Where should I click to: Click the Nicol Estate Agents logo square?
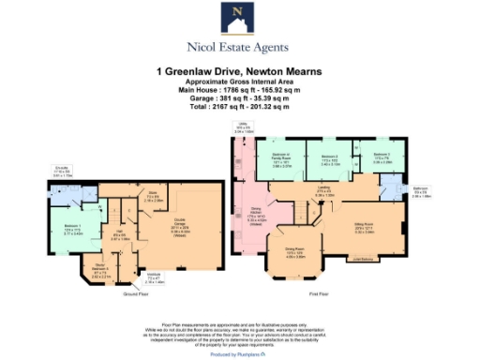click(x=239, y=16)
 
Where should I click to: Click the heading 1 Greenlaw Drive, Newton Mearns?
click(x=239, y=69)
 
